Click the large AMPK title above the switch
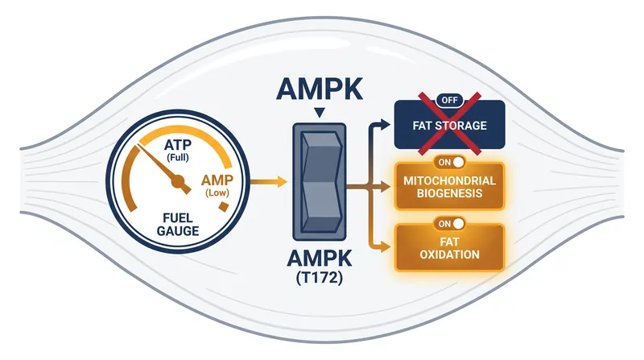click(x=319, y=89)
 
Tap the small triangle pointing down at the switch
click(x=319, y=113)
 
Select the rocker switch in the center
click(x=319, y=182)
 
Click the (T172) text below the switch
click(x=319, y=278)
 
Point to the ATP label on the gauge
click(x=177, y=145)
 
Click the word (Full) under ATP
click(x=177, y=157)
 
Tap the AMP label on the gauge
click(x=217, y=180)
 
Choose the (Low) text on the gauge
click(x=217, y=192)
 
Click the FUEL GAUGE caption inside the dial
click(x=178, y=224)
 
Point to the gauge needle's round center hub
click(x=178, y=181)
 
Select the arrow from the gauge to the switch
click(x=268, y=181)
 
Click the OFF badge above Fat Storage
click(x=449, y=101)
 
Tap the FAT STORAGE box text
click(x=449, y=126)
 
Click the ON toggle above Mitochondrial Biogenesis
click(x=451, y=163)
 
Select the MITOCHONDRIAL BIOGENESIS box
click(x=449, y=186)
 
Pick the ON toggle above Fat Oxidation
click(x=451, y=224)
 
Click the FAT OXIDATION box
click(x=449, y=247)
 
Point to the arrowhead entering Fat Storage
click(x=386, y=124)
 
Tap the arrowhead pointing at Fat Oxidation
click(x=386, y=247)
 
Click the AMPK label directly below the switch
click(x=319, y=259)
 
